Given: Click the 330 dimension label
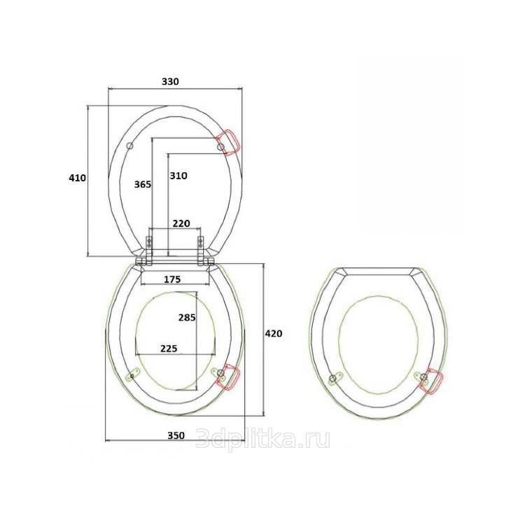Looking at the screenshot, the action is pos(170,81).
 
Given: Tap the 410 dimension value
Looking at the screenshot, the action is pos(77,178).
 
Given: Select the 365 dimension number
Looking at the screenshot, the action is pos(143,184).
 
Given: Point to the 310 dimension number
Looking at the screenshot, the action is pos(178,176).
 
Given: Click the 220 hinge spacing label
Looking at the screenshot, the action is pos(181,223).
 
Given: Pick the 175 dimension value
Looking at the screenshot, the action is pos(172,279).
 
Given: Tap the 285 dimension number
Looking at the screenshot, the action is pos(187,317).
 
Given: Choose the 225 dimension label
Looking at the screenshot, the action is pos(169,349).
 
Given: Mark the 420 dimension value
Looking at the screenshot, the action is pos(274,333).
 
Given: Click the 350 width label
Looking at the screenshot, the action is pos(176,435).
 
